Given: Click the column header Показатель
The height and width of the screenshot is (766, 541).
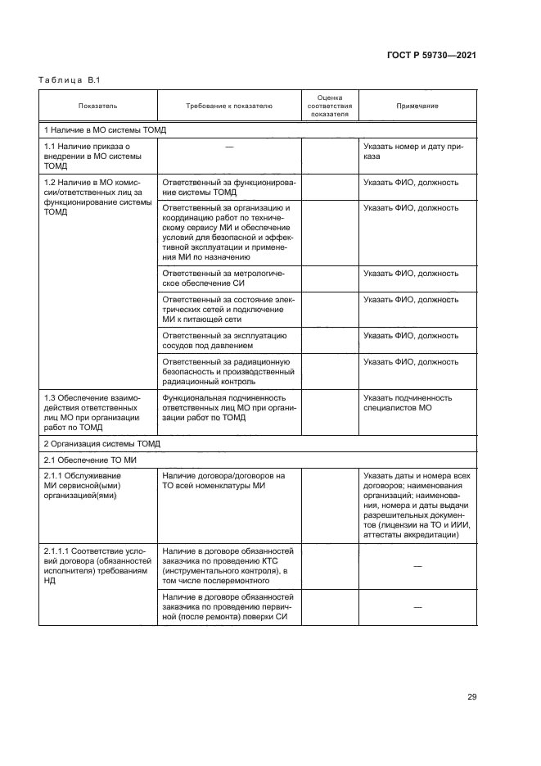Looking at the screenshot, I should (x=97, y=106).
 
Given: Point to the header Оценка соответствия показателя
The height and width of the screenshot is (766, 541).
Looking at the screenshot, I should (x=329, y=106).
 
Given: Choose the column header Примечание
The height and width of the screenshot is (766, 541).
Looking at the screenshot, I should (x=417, y=106).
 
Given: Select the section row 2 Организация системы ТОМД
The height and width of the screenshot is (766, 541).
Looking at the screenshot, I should (x=102, y=443).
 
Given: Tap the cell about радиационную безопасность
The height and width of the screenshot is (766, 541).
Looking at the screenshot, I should (x=228, y=371).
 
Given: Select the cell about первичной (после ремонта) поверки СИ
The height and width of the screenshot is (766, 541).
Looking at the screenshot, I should (x=228, y=607).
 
